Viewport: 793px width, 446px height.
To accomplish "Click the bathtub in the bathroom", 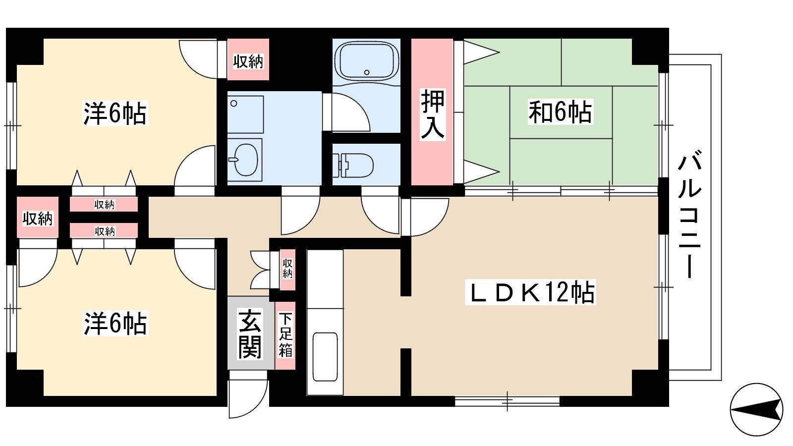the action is point(367,61).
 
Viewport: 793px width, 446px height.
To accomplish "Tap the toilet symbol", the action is point(353,166).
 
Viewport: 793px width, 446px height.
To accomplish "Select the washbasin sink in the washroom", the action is point(245,160).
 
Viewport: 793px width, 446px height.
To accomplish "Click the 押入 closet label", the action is point(432,114).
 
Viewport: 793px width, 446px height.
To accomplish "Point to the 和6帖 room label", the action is point(561,112).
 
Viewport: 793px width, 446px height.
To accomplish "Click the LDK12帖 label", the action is point(530,292).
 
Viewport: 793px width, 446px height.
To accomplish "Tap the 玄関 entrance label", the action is point(250,334).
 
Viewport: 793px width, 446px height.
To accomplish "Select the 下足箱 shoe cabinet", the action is point(285,335).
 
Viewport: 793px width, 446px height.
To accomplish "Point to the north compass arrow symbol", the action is point(756,409).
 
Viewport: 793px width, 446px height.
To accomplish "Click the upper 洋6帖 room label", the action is point(115,113).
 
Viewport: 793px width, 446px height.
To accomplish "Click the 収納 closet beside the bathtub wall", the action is point(248,59).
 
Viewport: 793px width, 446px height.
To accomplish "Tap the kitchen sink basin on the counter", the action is point(325,357).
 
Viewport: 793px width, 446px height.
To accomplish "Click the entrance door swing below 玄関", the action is point(248,393).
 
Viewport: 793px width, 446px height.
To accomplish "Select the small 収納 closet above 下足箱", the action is point(287,270).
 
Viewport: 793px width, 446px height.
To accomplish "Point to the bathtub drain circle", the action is point(367,72).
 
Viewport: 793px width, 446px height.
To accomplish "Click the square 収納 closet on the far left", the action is point(38,218).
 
